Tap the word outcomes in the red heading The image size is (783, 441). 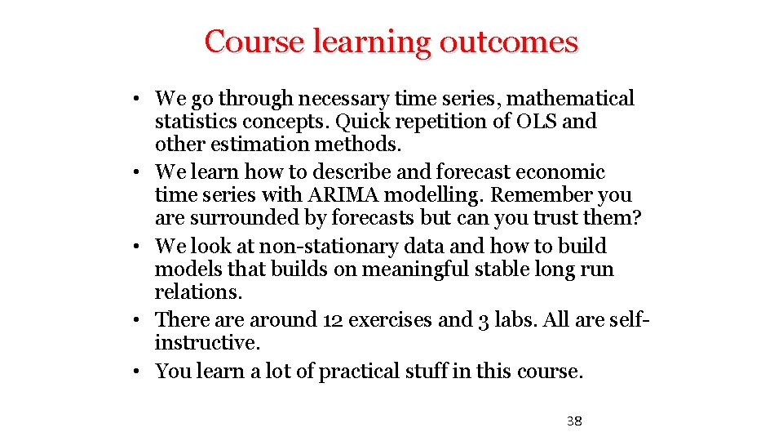tap(508, 42)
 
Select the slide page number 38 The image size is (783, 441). tap(574, 421)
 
